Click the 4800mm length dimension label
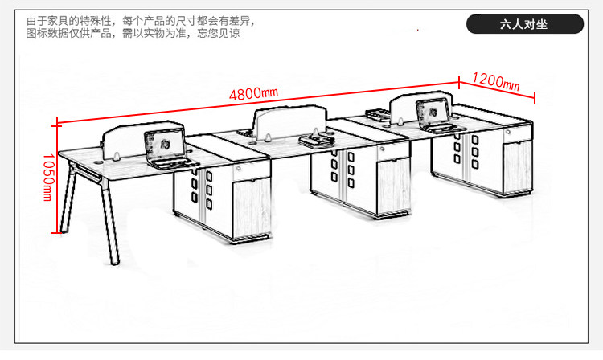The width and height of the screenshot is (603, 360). point(252,92)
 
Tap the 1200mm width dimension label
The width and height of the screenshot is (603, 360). point(495,81)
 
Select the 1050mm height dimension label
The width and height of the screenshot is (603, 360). point(48,178)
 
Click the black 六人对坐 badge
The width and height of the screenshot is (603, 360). point(523,24)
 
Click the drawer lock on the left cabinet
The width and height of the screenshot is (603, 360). point(240,170)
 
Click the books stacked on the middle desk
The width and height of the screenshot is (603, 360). point(313,140)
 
